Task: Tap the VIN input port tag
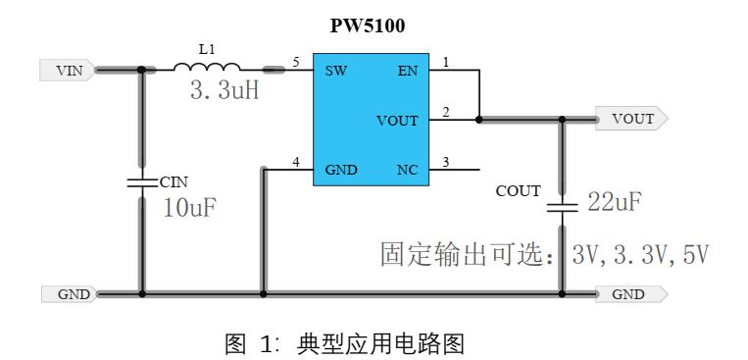67,70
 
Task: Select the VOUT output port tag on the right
631,120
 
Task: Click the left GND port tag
67,293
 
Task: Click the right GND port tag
631,293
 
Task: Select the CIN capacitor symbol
142,182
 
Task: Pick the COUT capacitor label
520,190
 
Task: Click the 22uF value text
615,203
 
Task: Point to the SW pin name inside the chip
336,72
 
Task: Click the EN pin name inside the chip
408,72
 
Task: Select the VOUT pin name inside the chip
397,121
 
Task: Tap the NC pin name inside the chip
407,170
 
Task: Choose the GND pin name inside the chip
341,170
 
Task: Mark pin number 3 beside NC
446,161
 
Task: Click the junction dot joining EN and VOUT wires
478,120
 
